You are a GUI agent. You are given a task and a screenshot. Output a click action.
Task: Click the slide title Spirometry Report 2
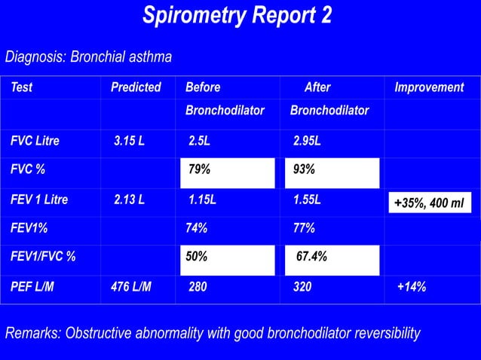(237, 16)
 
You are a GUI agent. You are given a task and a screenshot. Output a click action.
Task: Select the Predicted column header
(136, 87)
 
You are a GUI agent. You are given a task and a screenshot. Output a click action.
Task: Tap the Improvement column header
(429, 87)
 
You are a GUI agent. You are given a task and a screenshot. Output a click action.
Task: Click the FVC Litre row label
(35, 141)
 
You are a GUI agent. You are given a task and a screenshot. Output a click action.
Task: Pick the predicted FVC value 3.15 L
(130, 141)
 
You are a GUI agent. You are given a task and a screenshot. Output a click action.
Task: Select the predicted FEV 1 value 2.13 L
(130, 200)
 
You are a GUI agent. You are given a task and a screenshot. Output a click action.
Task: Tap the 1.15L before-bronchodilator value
(202, 200)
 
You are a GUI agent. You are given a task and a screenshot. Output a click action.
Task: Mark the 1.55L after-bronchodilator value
(307, 200)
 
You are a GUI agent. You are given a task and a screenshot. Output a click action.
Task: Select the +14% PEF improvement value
(412, 286)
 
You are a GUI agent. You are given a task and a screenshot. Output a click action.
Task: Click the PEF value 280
(198, 286)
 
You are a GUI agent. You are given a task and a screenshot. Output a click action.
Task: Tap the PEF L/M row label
(32, 286)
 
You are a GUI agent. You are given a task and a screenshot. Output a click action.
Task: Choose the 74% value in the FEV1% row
(197, 228)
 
